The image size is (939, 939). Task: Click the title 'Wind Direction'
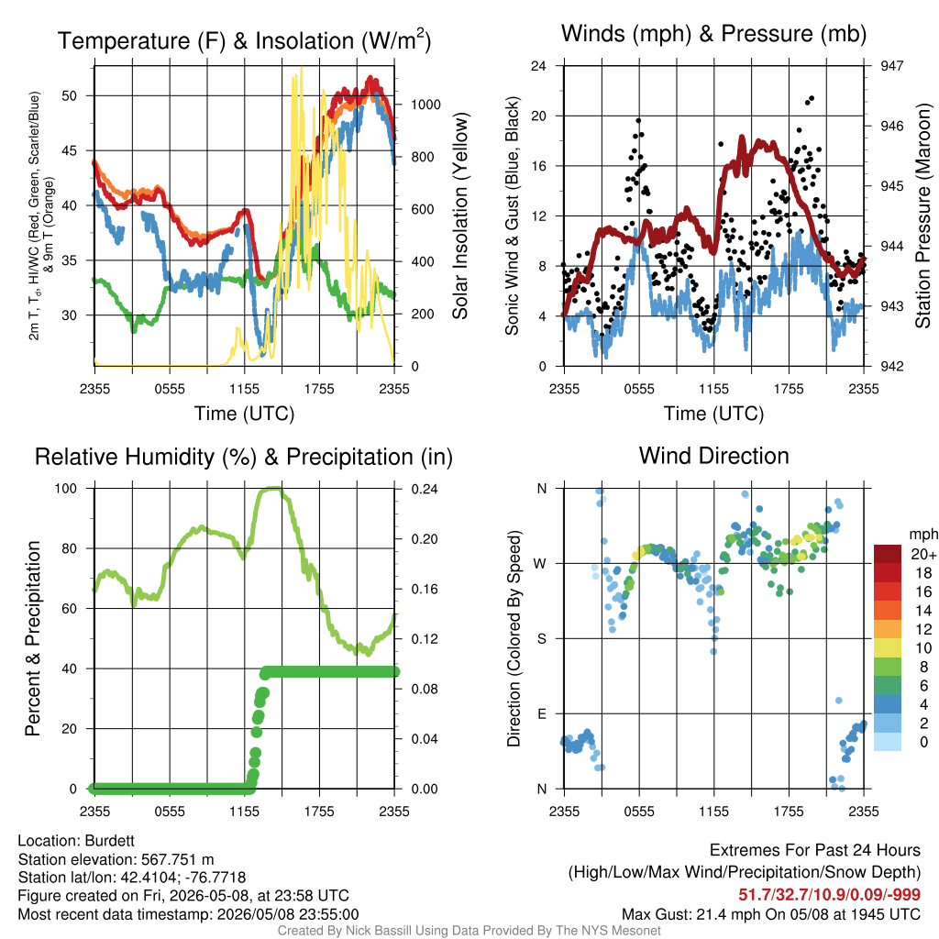tap(713, 456)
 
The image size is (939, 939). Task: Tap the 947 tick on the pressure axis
tap(891, 66)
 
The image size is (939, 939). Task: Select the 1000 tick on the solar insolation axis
tap(425, 105)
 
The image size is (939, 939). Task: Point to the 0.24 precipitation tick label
tap(425, 489)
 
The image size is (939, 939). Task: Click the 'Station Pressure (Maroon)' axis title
tap(922, 215)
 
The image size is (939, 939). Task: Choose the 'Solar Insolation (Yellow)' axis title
tap(459, 215)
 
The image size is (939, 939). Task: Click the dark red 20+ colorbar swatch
tap(888, 554)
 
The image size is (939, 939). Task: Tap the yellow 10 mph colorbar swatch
tap(888, 647)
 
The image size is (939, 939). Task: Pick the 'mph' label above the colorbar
tap(922, 535)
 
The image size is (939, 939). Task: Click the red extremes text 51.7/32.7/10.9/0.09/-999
tap(829, 894)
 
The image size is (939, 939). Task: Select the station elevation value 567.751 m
tap(177, 859)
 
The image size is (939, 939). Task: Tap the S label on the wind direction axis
tap(541, 638)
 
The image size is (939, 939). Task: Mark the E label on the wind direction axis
tap(542, 713)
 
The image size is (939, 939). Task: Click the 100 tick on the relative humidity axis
tap(66, 489)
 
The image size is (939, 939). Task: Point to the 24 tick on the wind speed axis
tap(538, 66)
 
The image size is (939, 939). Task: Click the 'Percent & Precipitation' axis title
tap(33, 638)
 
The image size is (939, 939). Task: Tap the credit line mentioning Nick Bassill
tap(469, 931)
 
